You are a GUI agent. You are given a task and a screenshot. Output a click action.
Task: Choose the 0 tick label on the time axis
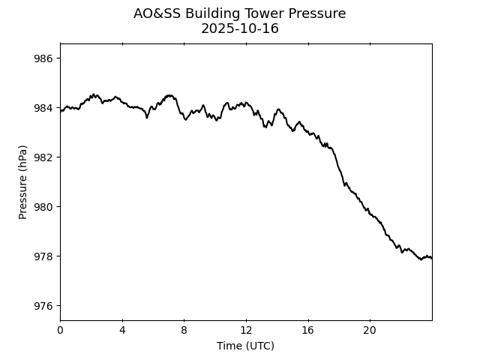coord(60,331)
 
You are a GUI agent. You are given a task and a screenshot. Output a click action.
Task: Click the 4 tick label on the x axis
coord(122,331)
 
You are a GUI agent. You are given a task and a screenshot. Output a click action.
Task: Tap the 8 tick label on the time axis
coord(184,331)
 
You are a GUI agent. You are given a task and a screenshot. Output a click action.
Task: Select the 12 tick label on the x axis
coord(246,331)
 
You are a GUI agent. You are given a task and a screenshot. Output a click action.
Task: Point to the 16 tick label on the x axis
coord(308,331)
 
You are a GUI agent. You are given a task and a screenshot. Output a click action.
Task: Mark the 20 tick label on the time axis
coord(370,331)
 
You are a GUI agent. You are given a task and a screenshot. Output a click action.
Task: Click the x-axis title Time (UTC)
coord(246,346)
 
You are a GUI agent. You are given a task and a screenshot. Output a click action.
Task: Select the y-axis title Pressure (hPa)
coord(23,182)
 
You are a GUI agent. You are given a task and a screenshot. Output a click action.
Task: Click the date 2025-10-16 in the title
coord(240,29)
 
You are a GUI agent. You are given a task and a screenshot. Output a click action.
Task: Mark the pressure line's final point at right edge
coord(432,258)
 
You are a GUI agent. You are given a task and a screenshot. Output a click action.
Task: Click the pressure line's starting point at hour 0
coord(60,111)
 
